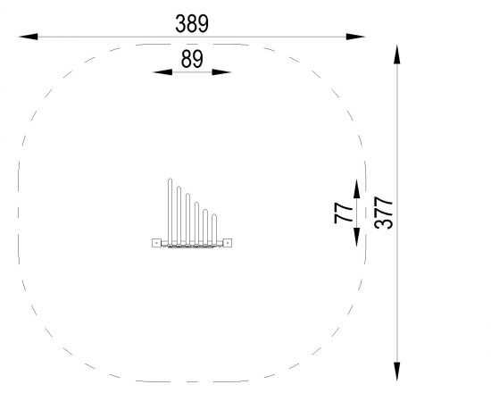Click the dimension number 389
192,23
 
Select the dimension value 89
192,59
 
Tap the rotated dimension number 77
343,213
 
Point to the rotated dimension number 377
383,213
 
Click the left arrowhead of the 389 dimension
29,37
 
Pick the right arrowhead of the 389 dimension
355,37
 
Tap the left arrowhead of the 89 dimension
162,72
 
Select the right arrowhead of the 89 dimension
221,72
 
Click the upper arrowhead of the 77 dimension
357,189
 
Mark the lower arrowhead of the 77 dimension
357,238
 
